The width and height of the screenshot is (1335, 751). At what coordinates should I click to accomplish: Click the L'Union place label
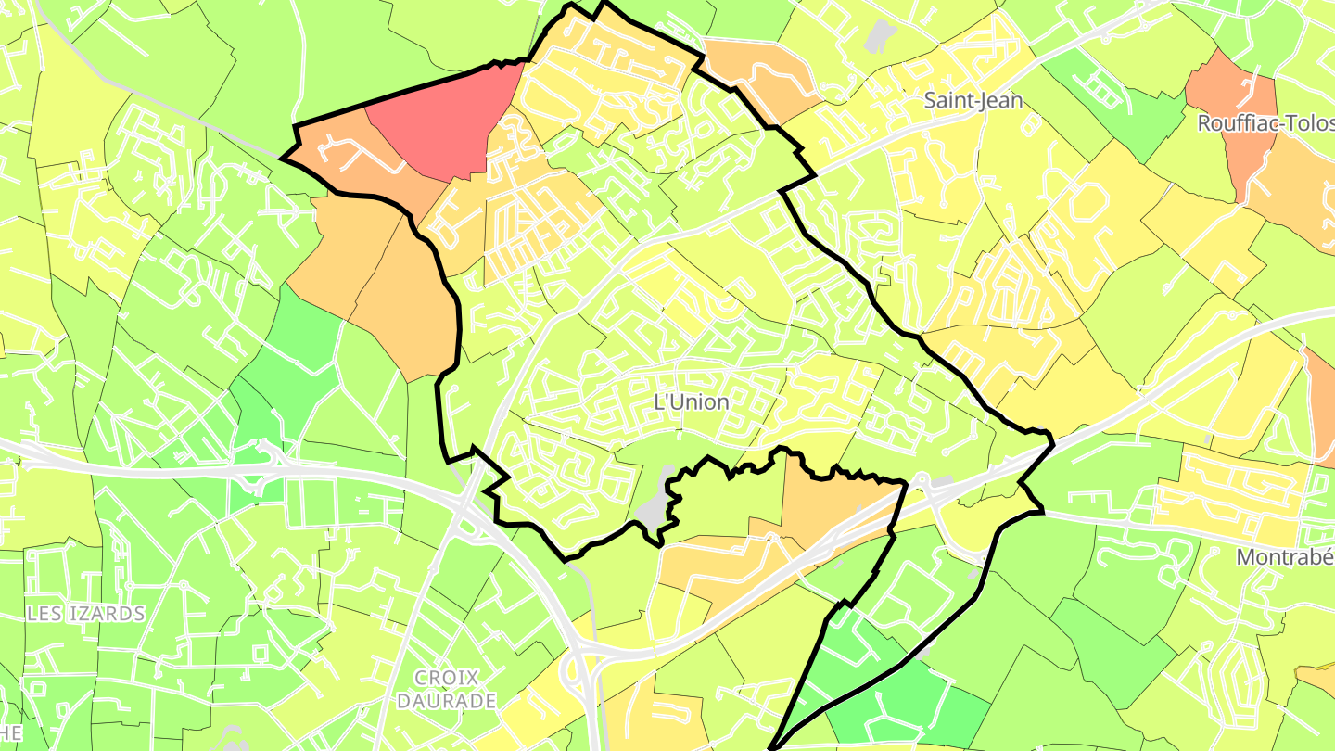pos(692,403)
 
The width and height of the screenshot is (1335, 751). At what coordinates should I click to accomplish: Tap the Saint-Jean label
pos(973,100)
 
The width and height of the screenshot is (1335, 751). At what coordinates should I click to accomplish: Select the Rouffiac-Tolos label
pos(1265,123)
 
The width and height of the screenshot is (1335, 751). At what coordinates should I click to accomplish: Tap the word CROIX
pos(446,678)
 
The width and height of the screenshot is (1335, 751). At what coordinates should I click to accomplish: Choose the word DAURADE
pos(446,701)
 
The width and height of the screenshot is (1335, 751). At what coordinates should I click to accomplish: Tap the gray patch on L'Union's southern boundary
pos(655,505)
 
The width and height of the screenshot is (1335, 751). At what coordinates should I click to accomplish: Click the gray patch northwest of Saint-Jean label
pos(878,35)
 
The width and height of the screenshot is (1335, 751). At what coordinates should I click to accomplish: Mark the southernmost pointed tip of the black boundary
pos(772,747)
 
